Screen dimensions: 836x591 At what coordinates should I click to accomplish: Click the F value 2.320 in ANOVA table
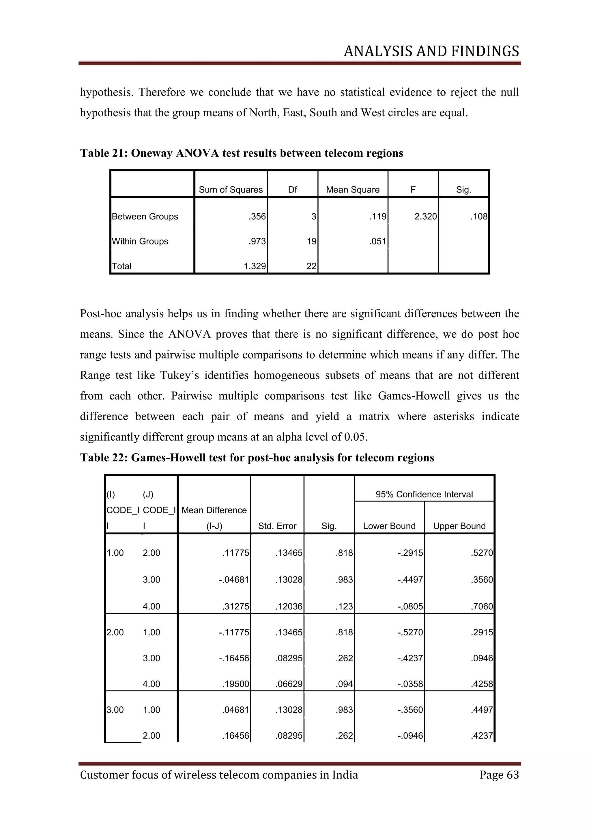click(x=425, y=217)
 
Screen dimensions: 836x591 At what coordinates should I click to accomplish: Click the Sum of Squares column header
click(x=231, y=190)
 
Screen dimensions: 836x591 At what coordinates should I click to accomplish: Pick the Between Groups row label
click(x=145, y=217)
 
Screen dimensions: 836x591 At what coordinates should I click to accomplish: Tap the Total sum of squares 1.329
click(x=255, y=266)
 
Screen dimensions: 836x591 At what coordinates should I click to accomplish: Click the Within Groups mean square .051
click(x=377, y=241)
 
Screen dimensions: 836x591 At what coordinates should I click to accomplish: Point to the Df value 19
click(x=311, y=241)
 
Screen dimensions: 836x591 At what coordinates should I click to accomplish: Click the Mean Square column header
click(x=353, y=190)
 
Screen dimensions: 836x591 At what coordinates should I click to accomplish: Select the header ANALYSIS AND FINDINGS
click(x=431, y=51)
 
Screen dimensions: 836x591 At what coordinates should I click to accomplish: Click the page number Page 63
click(x=499, y=775)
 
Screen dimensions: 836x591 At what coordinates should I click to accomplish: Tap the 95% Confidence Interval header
click(x=424, y=494)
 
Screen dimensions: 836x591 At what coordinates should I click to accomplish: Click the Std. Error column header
click(x=277, y=526)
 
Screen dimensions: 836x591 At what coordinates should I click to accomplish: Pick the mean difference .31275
click(x=235, y=607)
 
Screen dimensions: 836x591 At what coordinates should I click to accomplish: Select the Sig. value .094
click(x=344, y=684)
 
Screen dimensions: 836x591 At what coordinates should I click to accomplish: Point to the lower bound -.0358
click(x=411, y=684)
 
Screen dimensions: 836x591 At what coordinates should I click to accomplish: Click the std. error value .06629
click(x=289, y=684)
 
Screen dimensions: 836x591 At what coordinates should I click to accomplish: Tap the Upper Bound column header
click(x=459, y=526)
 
